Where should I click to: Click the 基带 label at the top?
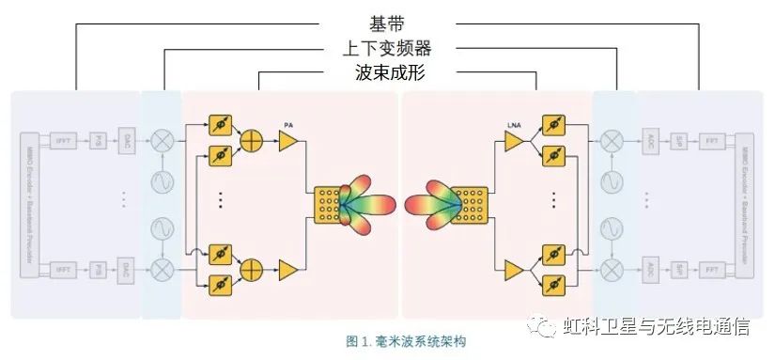386,21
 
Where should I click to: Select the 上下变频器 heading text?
386,47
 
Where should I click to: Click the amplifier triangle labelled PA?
287,141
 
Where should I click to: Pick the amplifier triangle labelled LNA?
513,141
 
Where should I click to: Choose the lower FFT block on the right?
711,270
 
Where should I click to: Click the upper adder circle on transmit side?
252,141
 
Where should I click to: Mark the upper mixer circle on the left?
162,141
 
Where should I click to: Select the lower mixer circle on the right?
612,270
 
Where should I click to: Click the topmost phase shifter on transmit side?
220,123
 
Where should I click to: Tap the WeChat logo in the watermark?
542,326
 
